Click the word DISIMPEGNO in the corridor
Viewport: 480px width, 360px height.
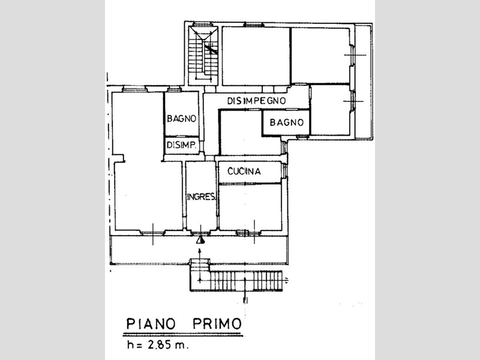click(256, 100)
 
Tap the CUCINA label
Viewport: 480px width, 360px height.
click(244, 171)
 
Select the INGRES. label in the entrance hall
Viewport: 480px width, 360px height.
click(201, 197)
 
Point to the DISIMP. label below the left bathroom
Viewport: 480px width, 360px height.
click(181, 145)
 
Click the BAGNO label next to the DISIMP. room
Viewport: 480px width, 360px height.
click(182, 118)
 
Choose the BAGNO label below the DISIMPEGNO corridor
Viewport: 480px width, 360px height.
click(287, 122)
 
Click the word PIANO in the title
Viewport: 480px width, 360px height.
click(151, 323)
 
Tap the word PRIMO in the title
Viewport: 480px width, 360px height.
click(217, 323)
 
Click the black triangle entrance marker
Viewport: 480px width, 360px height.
click(200, 241)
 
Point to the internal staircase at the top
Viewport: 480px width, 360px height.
click(203, 55)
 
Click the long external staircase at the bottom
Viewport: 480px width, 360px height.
click(236, 280)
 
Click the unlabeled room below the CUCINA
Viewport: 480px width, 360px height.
click(250, 206)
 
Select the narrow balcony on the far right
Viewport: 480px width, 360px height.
click(363, 82)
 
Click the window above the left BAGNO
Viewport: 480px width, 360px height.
click(174, 89)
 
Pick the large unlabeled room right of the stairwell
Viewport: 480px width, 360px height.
click(256, 56)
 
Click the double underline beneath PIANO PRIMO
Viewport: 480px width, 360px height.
click(183, 334)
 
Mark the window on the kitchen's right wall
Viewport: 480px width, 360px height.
click(284, 170)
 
